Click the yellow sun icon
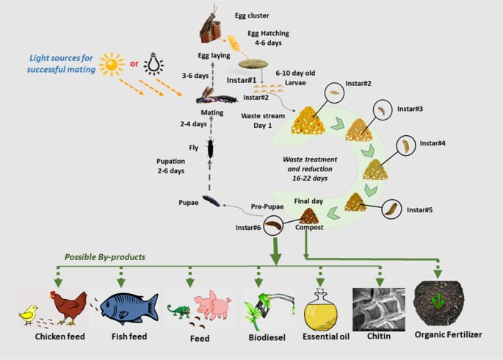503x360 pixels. tap(112, 65)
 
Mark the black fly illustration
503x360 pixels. tap(211, 148)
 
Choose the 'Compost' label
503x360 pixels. tap(309, 228)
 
